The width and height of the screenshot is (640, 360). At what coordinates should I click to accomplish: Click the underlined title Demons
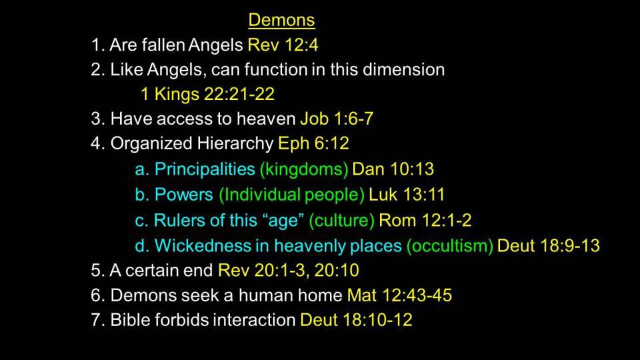(x=281, y=20)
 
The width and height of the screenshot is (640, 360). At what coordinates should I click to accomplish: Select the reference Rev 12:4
(x=283, y=45)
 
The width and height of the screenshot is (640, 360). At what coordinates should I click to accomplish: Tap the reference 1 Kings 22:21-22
(x=207, y=94)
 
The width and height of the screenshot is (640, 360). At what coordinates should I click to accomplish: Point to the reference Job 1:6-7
(x=337, y=119)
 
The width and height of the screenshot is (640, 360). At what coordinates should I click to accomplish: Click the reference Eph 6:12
(x=313, y=143)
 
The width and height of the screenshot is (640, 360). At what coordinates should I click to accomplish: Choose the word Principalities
(x=205, y=169)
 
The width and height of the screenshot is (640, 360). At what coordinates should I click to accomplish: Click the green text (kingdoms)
(x=304, y=169)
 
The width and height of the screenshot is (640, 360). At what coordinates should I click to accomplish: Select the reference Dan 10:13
(x=393, y=169)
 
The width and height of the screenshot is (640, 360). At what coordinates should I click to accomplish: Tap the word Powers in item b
(x=184, y=195)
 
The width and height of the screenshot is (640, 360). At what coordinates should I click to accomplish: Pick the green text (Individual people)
(x=291, y=195)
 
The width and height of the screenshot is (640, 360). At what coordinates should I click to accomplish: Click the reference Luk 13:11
(x=407, y=195)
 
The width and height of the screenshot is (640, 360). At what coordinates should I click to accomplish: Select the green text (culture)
(x=341, y=221)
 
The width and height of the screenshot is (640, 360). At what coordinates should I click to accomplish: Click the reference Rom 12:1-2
(x=425, y=221)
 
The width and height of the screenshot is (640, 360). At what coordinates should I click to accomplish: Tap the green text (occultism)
(x=450, y=246)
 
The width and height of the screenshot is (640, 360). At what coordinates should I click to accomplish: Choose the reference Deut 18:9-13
(x=549, y=246)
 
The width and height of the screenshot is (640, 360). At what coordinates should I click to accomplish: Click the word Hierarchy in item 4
(x=235, y=144)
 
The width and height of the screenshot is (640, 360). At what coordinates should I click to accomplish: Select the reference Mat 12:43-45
(x=399, y=295)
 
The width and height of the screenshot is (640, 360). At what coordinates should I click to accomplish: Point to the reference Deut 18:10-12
(x=356, y=320)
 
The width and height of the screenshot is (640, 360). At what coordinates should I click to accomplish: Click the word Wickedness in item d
(x=203, y=246)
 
